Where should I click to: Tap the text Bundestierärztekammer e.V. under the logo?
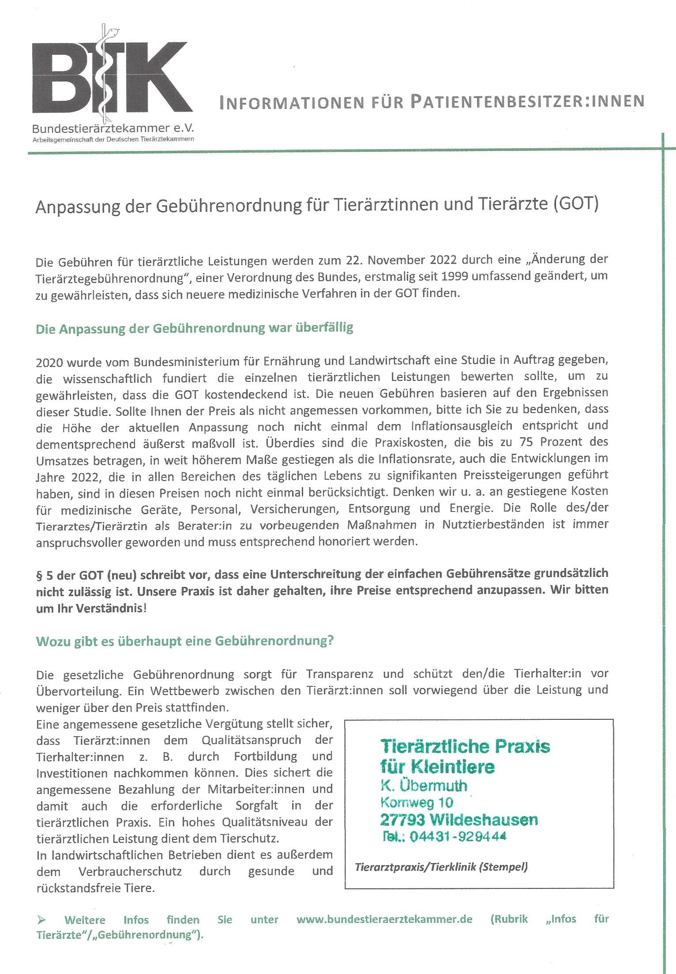tap(113, 128)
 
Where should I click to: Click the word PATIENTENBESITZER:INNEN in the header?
tap(527, 102)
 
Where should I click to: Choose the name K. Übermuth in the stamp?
tap(423, 786)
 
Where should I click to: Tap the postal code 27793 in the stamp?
tap(402, 820)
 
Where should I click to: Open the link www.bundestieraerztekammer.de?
tap(384, 919)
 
